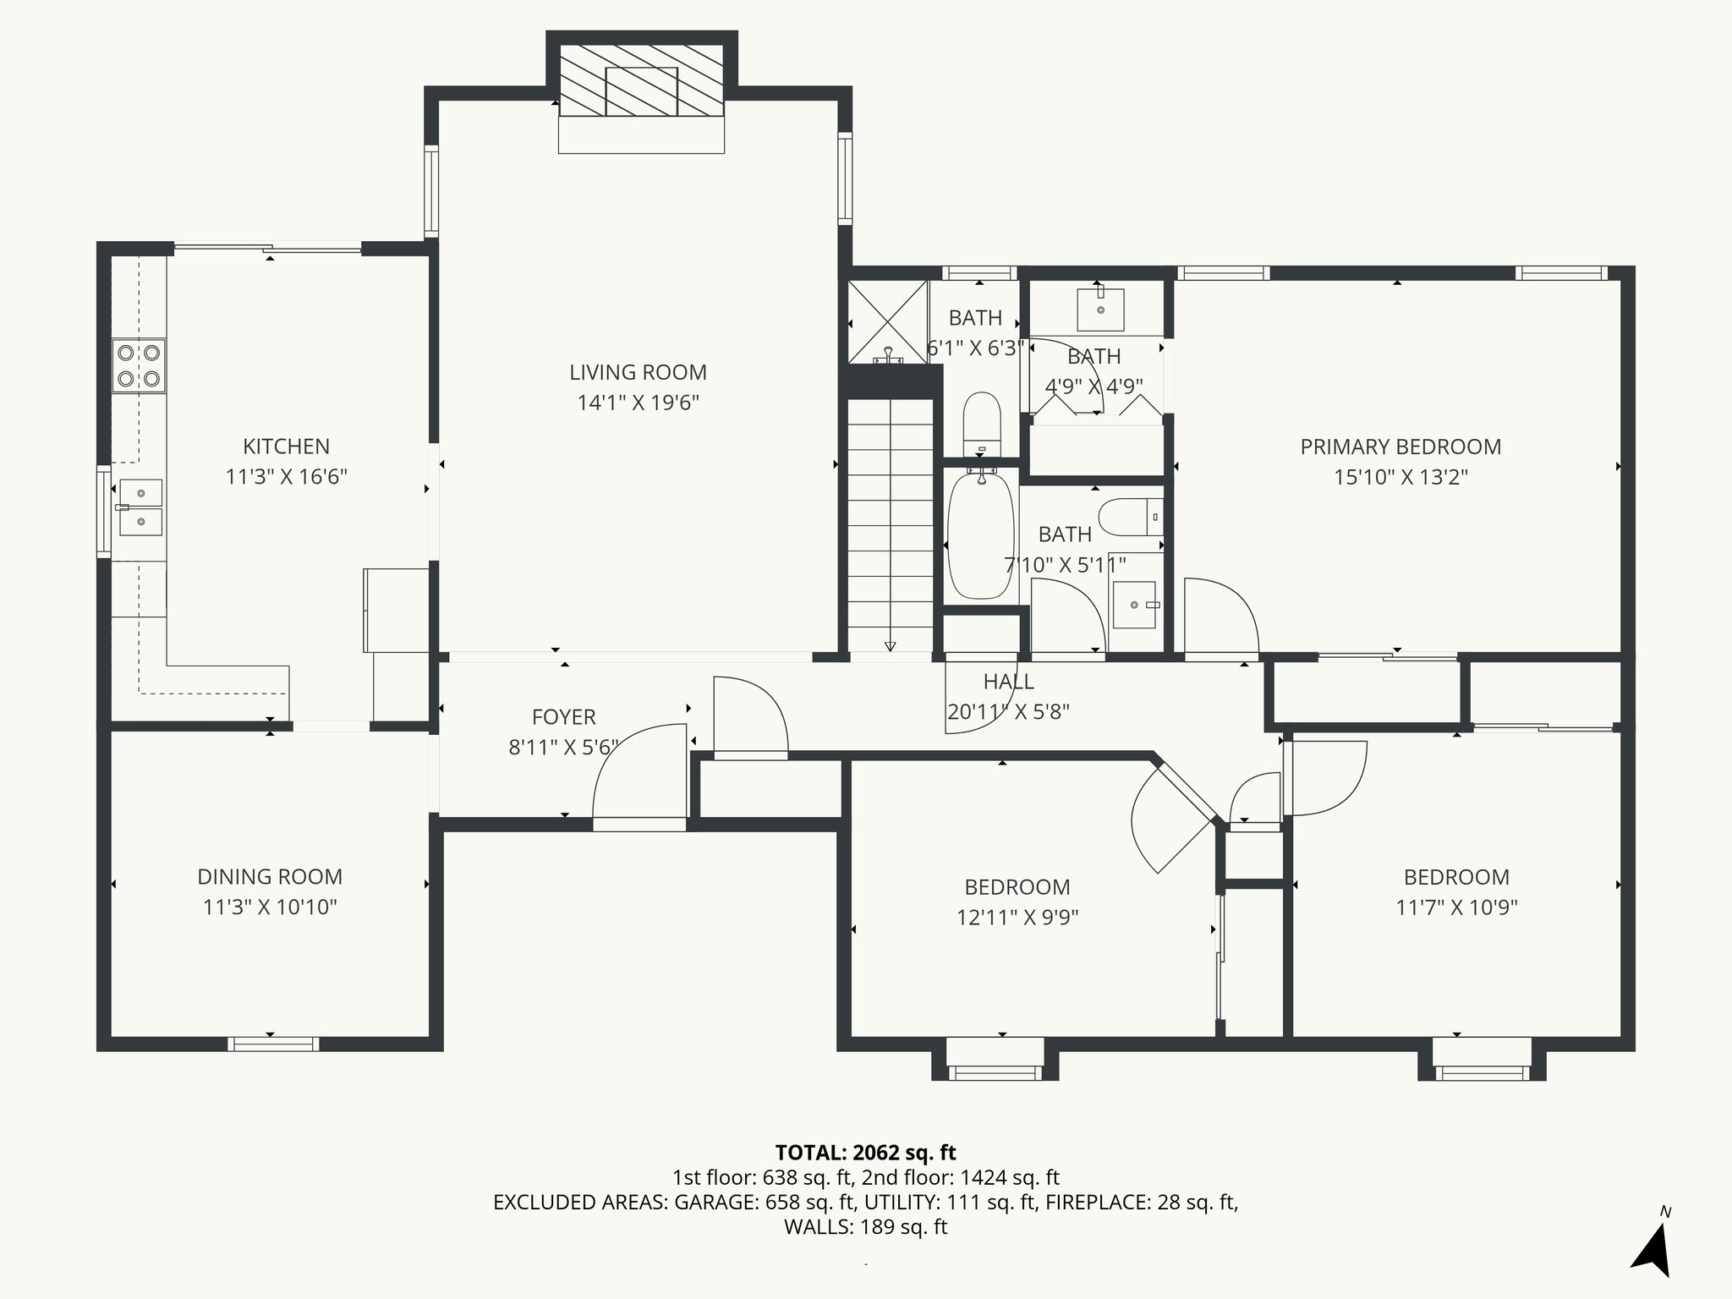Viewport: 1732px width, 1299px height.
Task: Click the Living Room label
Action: (x=638, y=372)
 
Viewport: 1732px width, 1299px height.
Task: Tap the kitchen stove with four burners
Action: (x=139, y=365)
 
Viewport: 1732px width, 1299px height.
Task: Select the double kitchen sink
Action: (x=140, y=507)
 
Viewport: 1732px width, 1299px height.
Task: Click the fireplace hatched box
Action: (x=641, y=91)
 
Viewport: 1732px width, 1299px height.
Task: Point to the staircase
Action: (x=890, y=524)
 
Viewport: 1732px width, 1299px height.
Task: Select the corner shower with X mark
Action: (x=887, y=321)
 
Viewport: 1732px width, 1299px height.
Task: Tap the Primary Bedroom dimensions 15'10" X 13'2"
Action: (x=1400, y=477)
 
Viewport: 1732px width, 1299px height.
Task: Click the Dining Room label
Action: (x=270, y=877)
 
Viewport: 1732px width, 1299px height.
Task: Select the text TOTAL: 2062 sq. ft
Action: (x=865, y=1153)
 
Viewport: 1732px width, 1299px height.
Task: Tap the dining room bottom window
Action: (x=273, y=1044)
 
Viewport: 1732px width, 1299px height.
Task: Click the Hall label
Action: (x=1008, y=682)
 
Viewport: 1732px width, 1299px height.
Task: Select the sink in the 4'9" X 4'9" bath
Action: (x=1100, y=309)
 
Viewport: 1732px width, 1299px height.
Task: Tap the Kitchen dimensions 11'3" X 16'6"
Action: (x=286, y=477)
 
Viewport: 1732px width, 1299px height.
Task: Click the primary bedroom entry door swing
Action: (x=1220, y=616)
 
